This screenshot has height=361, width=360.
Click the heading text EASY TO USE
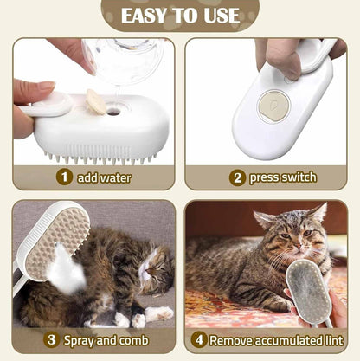pos(180,16)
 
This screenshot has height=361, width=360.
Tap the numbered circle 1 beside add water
pos(63,177)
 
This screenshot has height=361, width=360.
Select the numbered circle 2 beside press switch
pos(236,177)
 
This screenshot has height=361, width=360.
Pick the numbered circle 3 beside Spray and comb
pos(51,339)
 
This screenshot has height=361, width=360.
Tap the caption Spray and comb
pos(102,339)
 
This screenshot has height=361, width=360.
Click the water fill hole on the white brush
pos(114,111)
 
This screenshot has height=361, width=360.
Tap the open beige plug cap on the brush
pos(96,104)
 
